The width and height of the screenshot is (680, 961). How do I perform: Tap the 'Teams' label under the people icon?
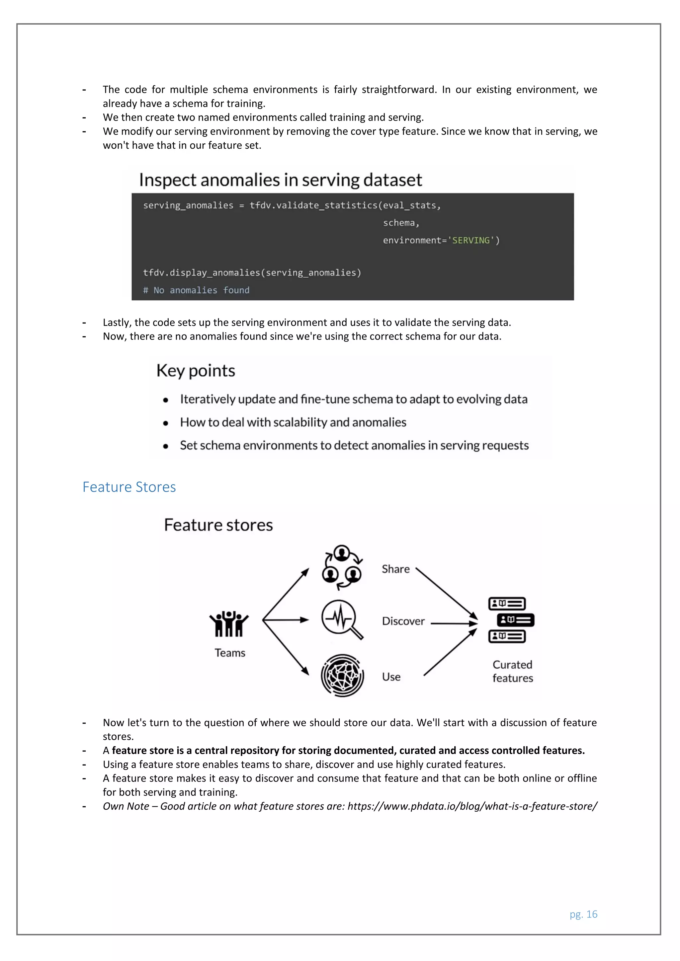coord(230,653)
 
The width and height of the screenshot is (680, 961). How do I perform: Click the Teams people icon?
coord(229,624)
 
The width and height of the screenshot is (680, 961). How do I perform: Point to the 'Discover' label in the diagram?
coord(403,621)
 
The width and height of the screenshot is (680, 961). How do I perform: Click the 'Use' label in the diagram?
coord(391,677)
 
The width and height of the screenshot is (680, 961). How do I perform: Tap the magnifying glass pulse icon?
coord(342,620)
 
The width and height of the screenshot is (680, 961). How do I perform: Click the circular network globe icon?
coord(342,675)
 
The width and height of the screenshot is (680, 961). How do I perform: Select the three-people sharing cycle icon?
coord(342,567)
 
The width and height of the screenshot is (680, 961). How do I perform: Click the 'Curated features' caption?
coord(513,671)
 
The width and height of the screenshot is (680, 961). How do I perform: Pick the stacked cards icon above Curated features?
coord(511,620)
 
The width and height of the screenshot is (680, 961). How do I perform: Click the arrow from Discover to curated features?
coord(454,623)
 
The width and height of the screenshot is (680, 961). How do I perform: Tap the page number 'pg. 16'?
coord(583,914)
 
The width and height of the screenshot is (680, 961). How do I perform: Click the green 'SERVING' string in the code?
coord(470,240)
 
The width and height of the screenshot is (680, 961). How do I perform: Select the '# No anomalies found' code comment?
coord(196,290)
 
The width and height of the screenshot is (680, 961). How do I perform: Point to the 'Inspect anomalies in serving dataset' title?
coord(280,180)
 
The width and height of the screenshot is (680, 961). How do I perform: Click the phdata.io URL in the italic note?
coord(472,806)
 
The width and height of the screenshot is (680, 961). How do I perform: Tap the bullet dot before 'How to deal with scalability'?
coord(166,423)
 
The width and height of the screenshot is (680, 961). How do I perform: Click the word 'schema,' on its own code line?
coord(401,223)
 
